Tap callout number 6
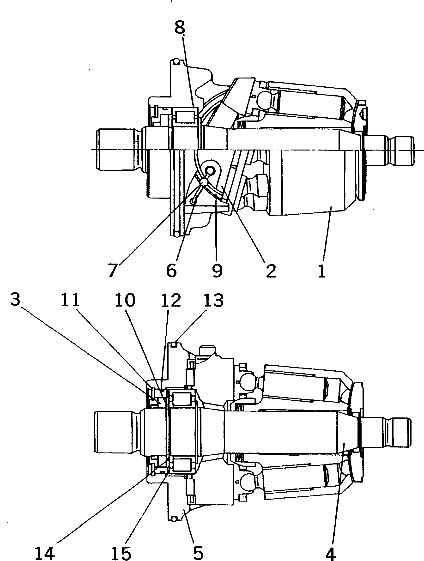point(171,270)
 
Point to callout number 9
point(217,270)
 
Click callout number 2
point(271,270)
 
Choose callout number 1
point(321,270)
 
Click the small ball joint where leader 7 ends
point(204,182)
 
